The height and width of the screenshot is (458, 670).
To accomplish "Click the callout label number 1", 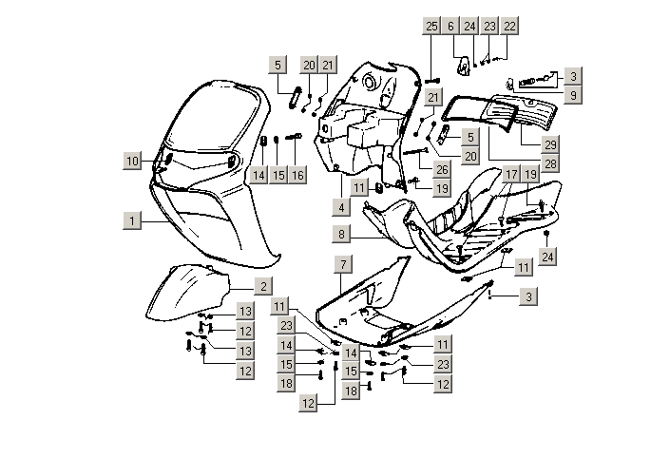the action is [132, 220].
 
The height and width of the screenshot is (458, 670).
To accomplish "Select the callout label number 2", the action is [263, 286].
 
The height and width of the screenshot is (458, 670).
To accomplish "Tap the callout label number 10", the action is [132, 161].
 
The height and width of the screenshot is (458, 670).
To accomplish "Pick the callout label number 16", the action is [297, 175].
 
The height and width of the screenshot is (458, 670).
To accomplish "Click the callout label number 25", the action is [431, 26].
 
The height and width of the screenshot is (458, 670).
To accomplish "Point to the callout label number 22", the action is [509, 26].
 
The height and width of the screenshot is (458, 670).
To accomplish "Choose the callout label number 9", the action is [573, 95].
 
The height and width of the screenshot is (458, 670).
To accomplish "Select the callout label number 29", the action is [550, 144].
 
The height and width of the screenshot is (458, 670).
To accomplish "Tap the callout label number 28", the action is [550, 163].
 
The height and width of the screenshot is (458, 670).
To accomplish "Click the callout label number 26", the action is [442, 170].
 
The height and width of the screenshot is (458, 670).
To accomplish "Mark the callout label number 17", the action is [511, 174].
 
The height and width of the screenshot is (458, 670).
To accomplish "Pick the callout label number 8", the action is [341, 234].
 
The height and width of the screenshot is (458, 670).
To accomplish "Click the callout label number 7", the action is [343, 264].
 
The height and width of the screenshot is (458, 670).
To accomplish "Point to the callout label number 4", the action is [341, 208].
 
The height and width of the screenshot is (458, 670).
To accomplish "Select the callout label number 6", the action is [450, 26].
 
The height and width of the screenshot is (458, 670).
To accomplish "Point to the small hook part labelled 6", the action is [464, 67].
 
